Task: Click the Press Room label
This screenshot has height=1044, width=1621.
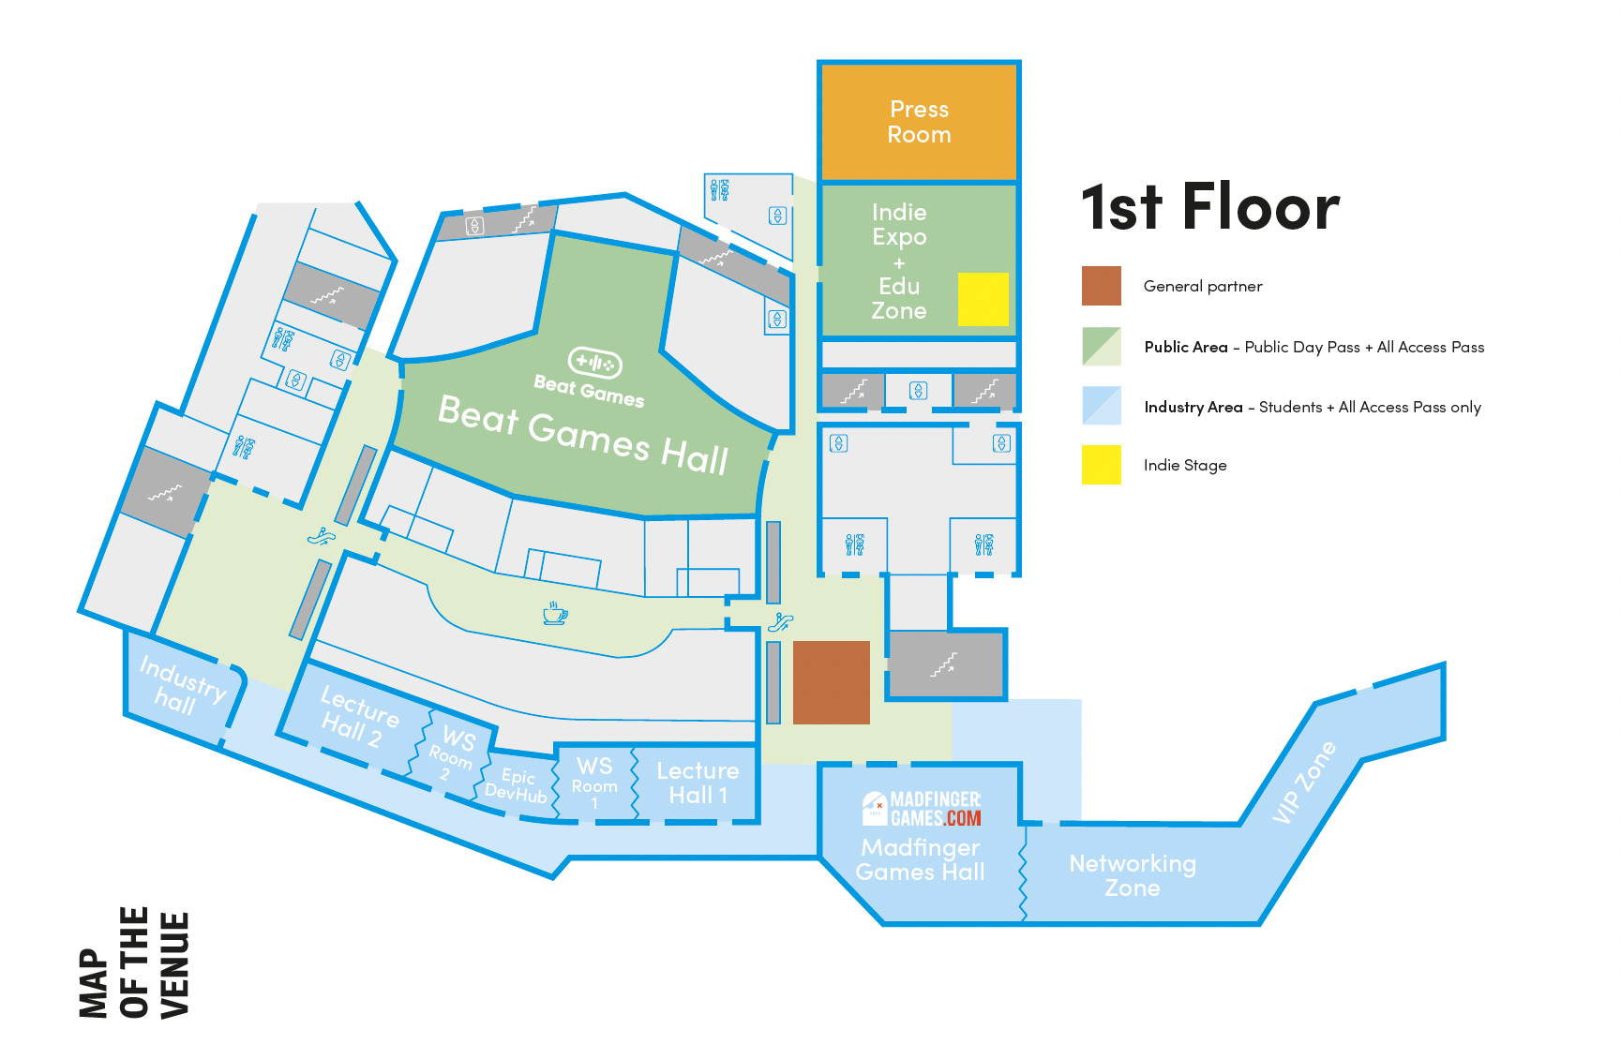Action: point(919,122)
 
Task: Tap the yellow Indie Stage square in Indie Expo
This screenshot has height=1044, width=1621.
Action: point(983,299)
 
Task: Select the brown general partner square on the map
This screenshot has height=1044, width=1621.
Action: point(831,682)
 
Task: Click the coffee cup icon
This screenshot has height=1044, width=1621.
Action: point(555,614)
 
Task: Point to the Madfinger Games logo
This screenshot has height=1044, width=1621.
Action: point(921,809)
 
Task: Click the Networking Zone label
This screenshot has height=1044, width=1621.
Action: point(1133,875)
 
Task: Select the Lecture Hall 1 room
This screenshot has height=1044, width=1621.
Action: point(698,783)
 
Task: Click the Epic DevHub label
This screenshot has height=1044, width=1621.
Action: point(517,785)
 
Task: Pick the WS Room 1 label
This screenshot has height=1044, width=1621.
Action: point(594,780)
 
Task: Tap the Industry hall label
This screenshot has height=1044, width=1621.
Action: point(180,685)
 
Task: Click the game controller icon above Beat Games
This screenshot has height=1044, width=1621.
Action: point(594,362)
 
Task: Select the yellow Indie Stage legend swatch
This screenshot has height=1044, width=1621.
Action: point(1101,465)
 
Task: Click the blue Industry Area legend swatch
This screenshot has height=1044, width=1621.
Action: point(1101,406)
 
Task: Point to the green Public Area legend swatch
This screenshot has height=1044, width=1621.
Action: point(1101,346)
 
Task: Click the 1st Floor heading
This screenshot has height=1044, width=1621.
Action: point(1209,207)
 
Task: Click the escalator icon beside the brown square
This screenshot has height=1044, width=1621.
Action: point(781,621)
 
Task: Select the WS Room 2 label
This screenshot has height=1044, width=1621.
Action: point(452,753)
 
